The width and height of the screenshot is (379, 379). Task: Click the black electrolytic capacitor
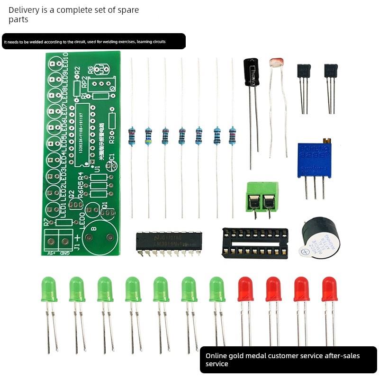point(251,72)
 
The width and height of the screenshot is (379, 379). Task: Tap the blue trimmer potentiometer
point(314,160)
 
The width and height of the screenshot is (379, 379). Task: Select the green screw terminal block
point(262,197)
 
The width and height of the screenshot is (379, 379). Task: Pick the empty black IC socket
point(255,243)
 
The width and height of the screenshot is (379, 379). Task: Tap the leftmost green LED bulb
point(49,289)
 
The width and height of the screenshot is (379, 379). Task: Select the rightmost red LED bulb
point(329,289)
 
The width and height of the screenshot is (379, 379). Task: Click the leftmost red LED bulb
point(245,289)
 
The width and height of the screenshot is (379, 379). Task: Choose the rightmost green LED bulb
point(217,289)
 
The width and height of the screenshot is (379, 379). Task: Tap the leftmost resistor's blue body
point(132,135)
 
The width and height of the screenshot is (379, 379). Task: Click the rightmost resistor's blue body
point(232,135)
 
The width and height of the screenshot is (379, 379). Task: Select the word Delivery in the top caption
point(24,9)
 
